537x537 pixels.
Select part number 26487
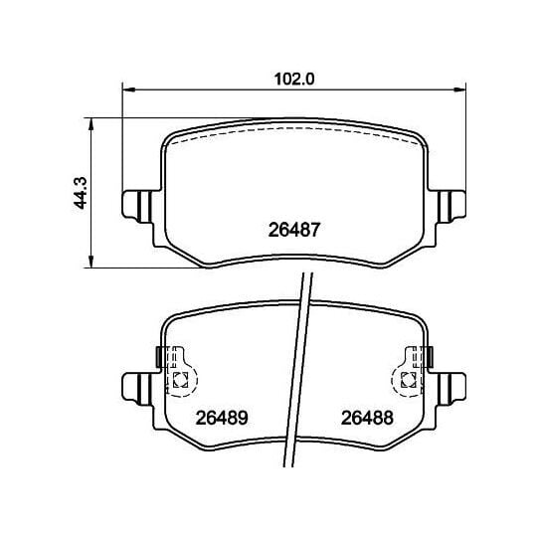point(292,228)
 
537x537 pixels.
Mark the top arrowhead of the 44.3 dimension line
point(91,123)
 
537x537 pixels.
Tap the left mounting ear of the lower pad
point(136,384)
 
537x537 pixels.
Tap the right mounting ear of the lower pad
point(453,384)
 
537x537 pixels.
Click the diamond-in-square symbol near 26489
point(180,379)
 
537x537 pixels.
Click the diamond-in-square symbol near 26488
point(408,379)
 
